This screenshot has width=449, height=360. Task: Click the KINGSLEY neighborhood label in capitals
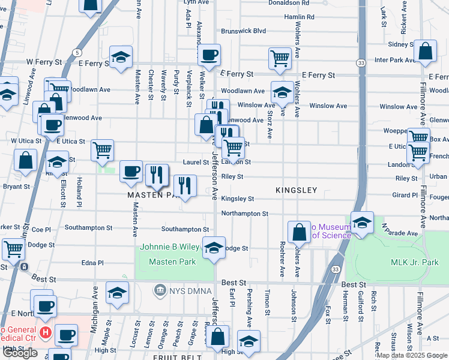point(296,190)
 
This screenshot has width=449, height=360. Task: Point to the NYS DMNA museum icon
point(160,291)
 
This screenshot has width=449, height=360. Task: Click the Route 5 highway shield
point(77,53)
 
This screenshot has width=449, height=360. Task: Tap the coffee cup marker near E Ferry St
point(209,56)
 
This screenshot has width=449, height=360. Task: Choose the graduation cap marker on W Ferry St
point(121,58)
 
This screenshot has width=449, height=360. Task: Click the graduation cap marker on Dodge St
point(213,248)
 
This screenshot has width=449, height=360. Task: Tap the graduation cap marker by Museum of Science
point(362,223)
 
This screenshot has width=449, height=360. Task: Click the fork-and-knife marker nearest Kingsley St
point(185,186)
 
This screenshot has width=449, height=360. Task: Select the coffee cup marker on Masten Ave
point(131,172)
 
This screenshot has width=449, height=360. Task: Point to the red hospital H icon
point(44,332)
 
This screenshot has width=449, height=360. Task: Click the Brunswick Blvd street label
point(243,31)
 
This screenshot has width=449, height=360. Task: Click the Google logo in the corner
point(20,353)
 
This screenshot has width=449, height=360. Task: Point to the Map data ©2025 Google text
point(411,355)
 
